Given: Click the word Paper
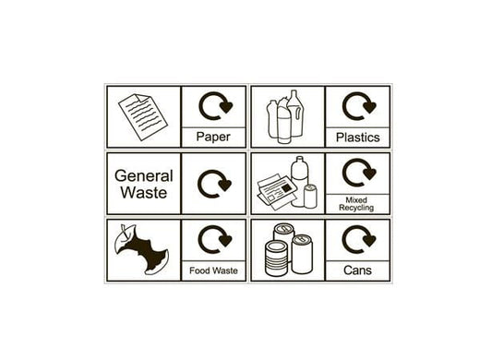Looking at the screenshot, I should click(x=213, y=138).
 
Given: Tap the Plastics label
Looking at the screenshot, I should click(x=357, y=138).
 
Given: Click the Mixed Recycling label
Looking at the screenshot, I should click(x=357, y=204).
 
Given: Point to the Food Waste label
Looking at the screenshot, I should click(x=213, y=270).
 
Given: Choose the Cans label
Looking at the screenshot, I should click(x=357, y=270).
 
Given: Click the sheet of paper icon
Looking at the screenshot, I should click(x=142, y=116).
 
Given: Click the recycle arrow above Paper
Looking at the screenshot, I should click(x=214, y=107).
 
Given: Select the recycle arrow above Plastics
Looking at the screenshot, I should click(x=358, y=107).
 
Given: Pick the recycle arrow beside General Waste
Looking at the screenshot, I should click(x=214, y=184).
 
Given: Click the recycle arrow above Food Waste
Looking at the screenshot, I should click(x=214, y=240).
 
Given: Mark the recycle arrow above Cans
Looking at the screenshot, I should click(x=358, y=240).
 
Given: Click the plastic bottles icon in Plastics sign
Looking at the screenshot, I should click(x=286, y=118).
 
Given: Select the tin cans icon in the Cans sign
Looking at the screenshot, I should click(x=287, y=250).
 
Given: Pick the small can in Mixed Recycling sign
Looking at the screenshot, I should click(x=310, y=196).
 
